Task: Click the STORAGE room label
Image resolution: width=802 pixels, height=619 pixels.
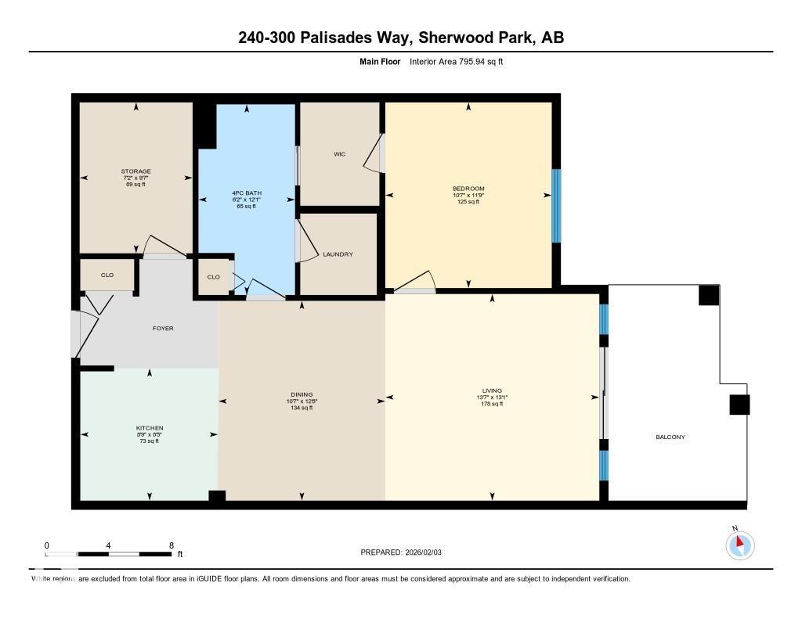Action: tap(135, 171)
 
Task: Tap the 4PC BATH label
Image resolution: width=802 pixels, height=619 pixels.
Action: tap(246, 193)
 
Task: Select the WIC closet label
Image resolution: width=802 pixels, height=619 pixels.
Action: tap(339, 154)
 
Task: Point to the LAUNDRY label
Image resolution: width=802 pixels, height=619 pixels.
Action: tap(338, 254)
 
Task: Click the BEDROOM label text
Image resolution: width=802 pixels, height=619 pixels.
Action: tap(468, 189)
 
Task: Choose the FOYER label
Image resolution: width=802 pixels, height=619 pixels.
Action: tap(163, 329)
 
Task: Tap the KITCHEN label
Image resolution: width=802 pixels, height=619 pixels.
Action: tap(149, 428)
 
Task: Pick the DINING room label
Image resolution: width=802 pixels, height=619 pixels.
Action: tap(302, 394)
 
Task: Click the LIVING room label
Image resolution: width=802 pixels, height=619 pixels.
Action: tap(492, 390)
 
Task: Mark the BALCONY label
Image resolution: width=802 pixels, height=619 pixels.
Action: tap(670, 437)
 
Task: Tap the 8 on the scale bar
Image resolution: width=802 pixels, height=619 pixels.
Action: tap(171, 545)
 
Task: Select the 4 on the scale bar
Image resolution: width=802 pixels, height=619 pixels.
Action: tap(108, 545)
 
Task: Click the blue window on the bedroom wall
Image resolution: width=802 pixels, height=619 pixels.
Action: tap(556, 206)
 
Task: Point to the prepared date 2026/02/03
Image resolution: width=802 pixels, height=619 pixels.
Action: tap(428, 552)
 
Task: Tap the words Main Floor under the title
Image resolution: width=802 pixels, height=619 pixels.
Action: tap(379, 61)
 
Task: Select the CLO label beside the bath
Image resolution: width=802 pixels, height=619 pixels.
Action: tap(213, 277)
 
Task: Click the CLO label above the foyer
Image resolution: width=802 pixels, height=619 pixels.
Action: tap(107, 275)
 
